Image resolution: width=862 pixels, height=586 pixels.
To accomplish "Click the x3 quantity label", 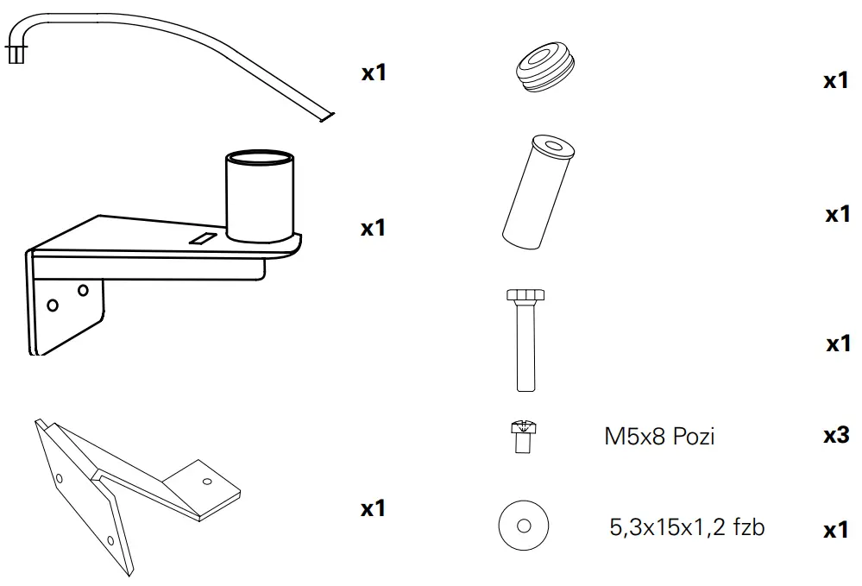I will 836,435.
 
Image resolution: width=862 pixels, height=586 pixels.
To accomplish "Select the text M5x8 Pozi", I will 659,437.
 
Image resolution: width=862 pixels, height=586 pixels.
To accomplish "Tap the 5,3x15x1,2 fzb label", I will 687,526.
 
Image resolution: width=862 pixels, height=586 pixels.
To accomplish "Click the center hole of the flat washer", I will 523,525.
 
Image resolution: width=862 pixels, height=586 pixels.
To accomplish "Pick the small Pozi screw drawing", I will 519,436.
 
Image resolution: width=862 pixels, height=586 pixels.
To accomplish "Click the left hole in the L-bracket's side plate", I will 53,305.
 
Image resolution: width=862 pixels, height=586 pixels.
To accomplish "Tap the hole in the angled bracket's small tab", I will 206,482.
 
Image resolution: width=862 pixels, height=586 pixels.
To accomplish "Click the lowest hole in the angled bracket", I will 110,540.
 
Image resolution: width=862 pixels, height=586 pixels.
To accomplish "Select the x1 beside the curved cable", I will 373,72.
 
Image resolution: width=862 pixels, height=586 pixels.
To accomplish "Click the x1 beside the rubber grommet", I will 836,81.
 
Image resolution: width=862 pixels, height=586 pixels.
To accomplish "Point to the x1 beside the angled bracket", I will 373,509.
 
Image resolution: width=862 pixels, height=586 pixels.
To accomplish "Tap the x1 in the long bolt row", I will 836,344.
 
